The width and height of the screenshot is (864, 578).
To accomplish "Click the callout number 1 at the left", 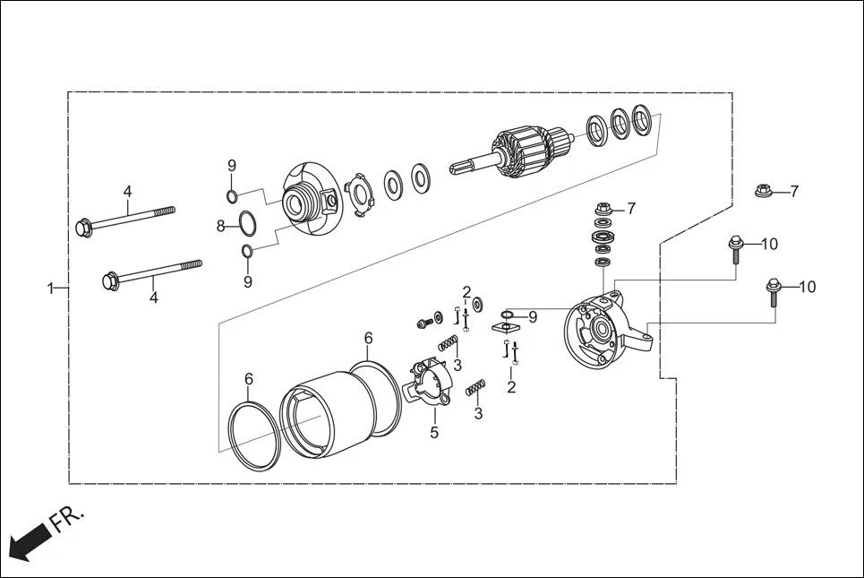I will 51,289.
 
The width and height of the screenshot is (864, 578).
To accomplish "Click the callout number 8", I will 221,227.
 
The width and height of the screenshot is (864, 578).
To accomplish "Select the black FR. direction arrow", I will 28,542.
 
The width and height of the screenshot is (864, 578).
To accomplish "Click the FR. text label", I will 68,519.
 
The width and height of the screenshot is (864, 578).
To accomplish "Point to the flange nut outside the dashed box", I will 764,191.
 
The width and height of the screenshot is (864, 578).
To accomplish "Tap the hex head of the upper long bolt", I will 85,228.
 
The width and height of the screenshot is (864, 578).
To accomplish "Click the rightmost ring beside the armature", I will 642,116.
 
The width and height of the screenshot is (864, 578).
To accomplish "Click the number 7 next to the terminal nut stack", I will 631,208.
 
